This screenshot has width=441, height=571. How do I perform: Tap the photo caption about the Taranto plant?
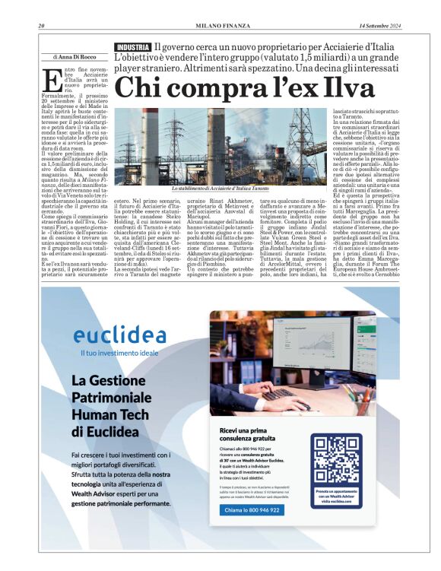220,188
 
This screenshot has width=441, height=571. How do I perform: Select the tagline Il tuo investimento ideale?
109,353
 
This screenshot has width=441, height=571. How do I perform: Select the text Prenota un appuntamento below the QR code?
336,493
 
